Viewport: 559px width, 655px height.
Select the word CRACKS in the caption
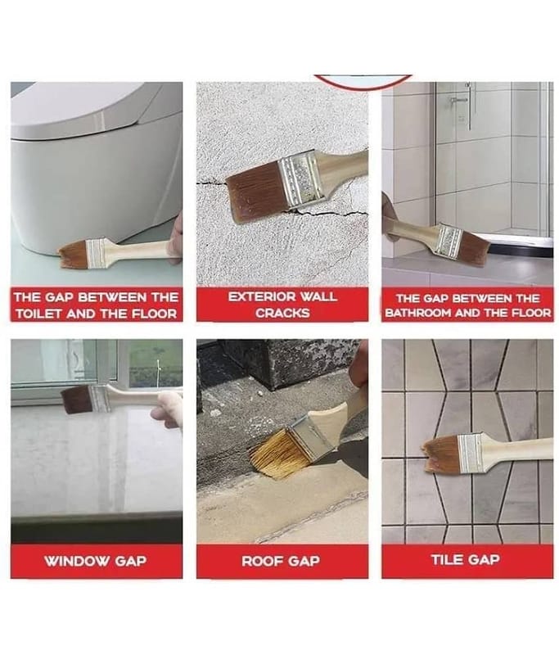coord(282,313)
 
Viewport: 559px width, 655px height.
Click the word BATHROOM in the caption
coord(419,313)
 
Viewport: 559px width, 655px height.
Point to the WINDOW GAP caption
coord(96,561)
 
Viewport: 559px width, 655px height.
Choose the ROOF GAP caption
coord(281,561)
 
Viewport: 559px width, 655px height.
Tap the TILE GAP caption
coord(466,560)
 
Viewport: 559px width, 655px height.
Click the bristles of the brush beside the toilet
coord(73,254)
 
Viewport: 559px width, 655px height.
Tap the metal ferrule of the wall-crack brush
coord(301,181)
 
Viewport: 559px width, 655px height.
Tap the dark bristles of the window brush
coord(78,400)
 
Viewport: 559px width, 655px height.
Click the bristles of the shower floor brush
coord(475,248)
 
